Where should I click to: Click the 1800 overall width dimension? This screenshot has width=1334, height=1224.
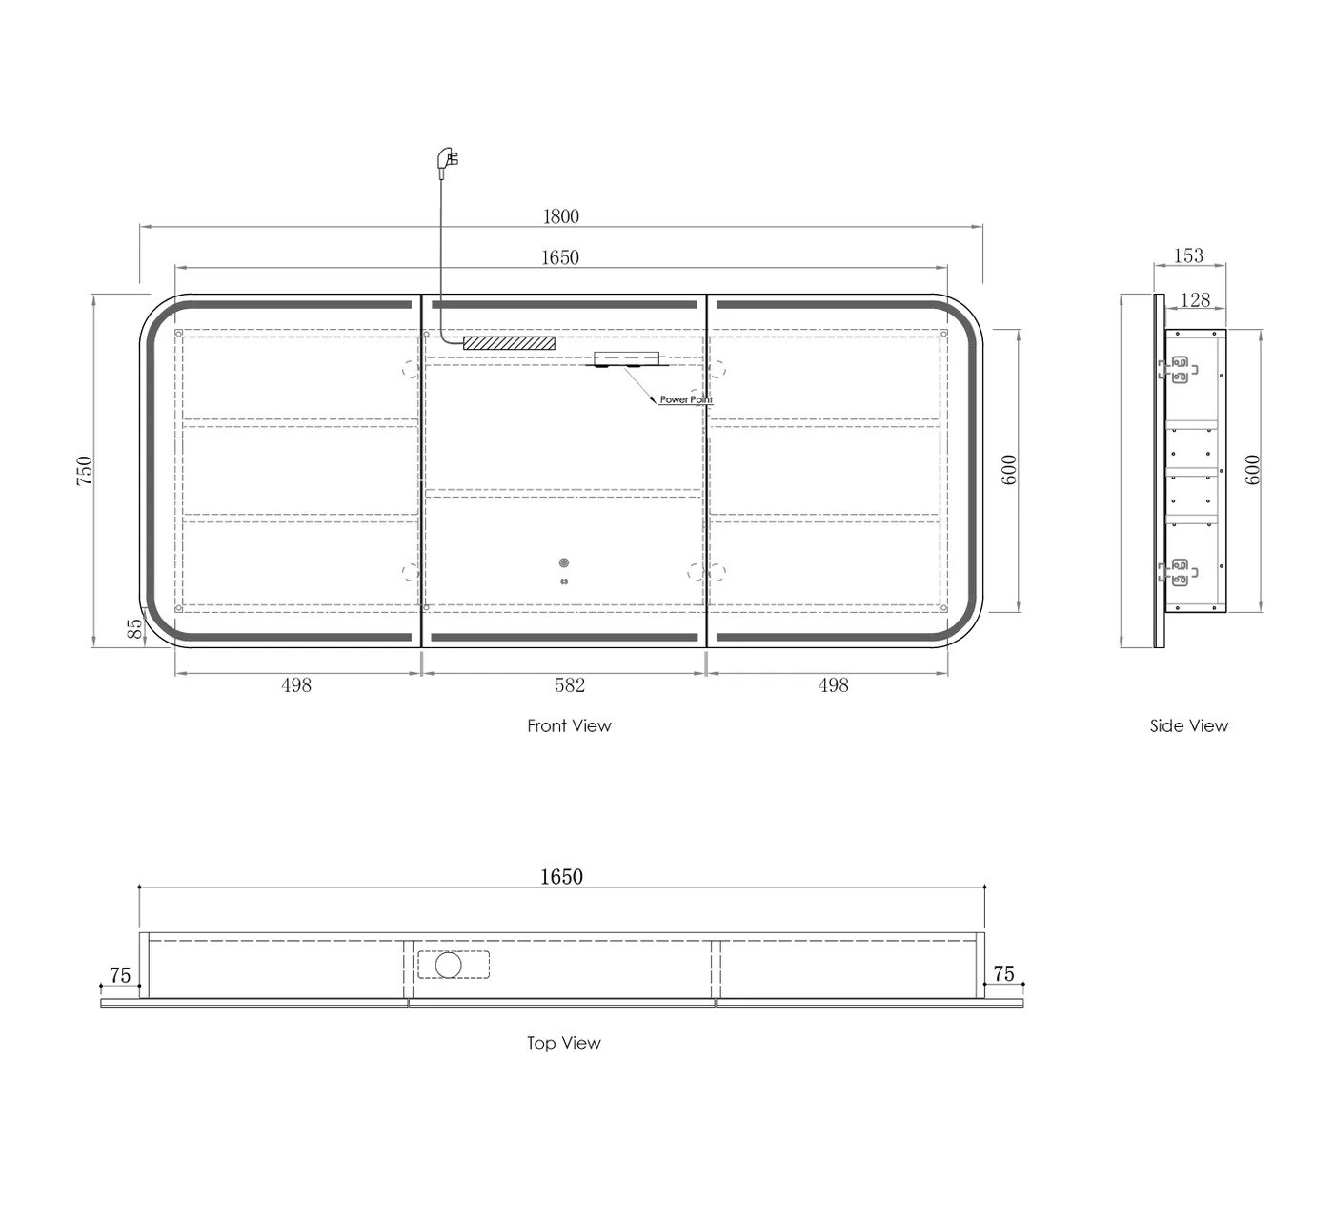pyautogui.click(x=561, y=216)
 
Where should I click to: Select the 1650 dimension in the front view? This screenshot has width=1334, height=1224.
pyautogui.click(x=560, y=257)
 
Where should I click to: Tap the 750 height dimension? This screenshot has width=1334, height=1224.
pyautogui.click(x=85, y=470)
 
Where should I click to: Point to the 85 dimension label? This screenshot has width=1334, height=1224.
pyautogui.click(x=135, y=627)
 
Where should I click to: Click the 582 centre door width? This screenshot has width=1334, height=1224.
pyautogui.click(x=570, y=684)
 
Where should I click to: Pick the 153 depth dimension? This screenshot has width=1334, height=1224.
pyautogui.click(x=1188, y=255)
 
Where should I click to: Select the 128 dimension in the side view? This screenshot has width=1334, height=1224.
pyautogui.click(x=1195, y=299)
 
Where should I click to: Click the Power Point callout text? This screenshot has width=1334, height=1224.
pyautogui.click(x=686, y=399)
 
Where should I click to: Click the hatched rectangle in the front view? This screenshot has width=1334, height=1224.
pyautogui.click(x=509, y=343)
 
